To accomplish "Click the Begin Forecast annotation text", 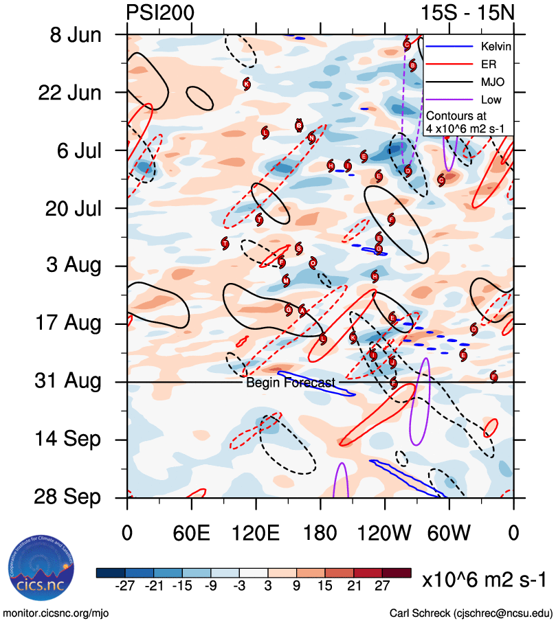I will click(x=290, y=383).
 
